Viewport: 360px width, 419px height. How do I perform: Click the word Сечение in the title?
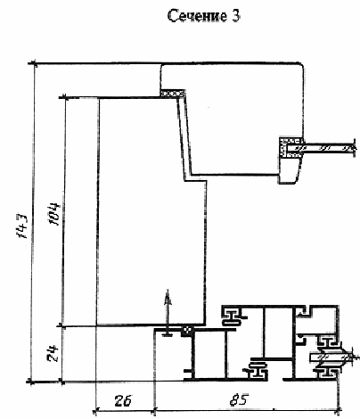196,16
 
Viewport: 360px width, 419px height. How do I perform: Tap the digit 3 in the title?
235,16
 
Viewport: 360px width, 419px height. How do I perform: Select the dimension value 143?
22,226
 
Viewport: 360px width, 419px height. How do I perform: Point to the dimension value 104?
54,214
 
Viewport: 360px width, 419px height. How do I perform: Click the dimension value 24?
53,353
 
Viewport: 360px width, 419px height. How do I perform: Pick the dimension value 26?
123,401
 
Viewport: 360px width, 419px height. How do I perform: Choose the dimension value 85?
239,400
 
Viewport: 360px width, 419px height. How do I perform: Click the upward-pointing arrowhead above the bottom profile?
168,297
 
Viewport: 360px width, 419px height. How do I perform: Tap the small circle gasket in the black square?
187,330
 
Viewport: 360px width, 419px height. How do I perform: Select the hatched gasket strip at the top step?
172,94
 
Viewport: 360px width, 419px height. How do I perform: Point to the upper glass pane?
327,148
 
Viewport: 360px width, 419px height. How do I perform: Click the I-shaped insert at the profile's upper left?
233,316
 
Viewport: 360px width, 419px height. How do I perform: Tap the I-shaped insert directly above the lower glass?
327,341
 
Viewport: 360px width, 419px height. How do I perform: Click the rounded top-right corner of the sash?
300,66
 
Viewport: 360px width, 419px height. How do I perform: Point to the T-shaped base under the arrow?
168,334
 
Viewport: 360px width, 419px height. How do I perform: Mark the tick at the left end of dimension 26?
95,412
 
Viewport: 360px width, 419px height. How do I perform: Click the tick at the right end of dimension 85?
338,412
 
